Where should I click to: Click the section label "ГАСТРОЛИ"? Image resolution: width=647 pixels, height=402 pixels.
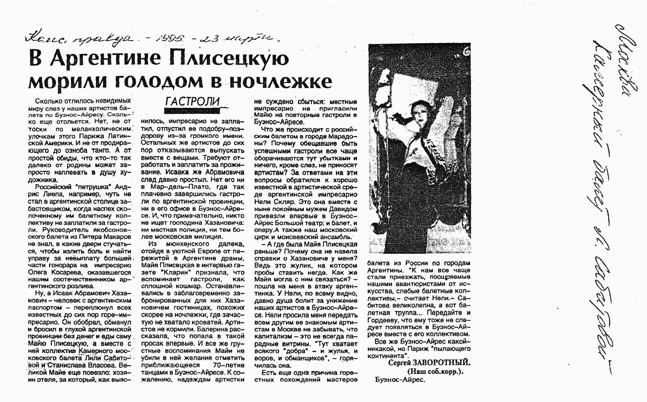point(192,102)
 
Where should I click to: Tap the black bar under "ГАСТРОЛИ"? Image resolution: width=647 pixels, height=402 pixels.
point(192,111)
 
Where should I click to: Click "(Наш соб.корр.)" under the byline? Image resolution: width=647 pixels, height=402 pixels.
point(435,372)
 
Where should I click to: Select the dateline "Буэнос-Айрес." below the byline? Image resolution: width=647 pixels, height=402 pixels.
point(400,380)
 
